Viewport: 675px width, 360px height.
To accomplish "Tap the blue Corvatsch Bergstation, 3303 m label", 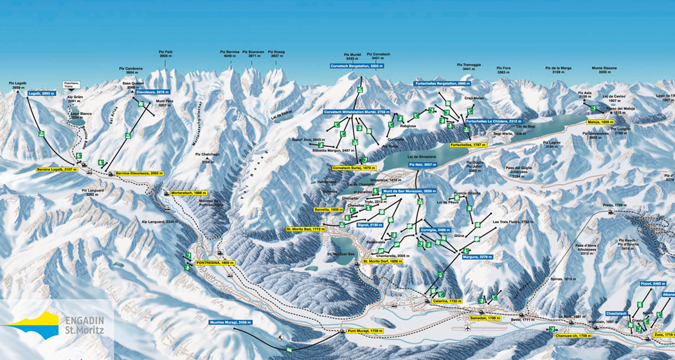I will (357, 66).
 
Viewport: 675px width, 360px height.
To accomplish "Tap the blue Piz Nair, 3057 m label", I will (421, 165).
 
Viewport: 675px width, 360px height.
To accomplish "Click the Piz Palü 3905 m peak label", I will (166, 53).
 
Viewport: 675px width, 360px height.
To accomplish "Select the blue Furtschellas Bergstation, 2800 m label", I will (444, 83).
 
